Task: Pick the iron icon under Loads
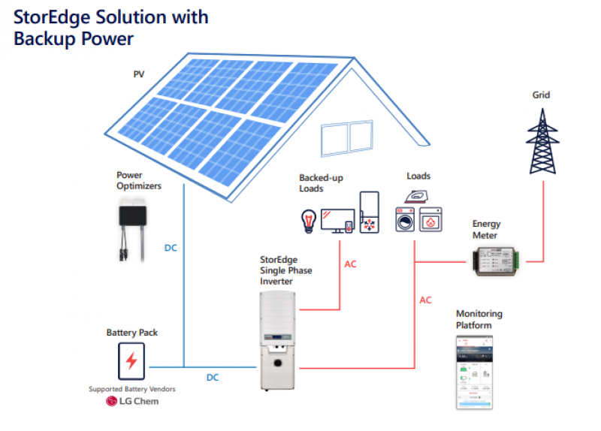point(416,196)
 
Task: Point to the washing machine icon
point(404,222)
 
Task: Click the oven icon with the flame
point(431,222)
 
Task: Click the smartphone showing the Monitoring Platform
point(475,372)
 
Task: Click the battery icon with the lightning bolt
point(131,361)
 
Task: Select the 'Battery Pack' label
point(132,332)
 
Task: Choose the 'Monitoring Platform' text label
point(479,319)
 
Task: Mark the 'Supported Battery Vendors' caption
point(131,389)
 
